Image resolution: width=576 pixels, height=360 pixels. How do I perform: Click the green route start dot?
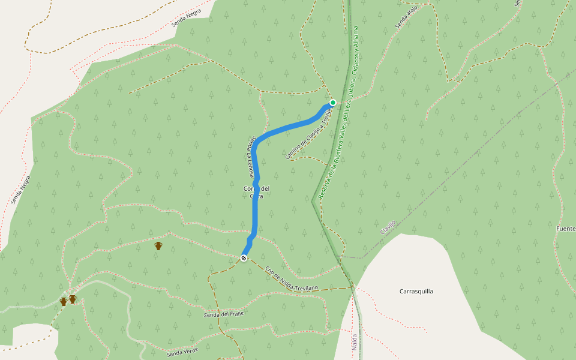click(x=333, y=103)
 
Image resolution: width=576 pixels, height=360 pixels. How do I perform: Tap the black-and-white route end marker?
click(x=244, y=258)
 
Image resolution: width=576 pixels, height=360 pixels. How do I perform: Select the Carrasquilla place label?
click(x=416, y=292)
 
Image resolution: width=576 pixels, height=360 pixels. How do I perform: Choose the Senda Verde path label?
click(x=182, y=352)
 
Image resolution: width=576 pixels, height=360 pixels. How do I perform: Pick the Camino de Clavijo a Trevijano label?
click(x=308, y=137)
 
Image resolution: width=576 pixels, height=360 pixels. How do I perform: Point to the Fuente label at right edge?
click(x=565, y=229)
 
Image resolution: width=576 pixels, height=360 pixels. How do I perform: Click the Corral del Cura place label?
click(x=256, y=193)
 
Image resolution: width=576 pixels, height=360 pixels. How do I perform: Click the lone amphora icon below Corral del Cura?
click(x=158, y=245)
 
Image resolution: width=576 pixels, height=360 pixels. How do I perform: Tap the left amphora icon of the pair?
click(x=64, y=301)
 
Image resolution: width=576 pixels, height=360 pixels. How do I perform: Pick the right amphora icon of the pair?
click(x=73, y=299)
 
